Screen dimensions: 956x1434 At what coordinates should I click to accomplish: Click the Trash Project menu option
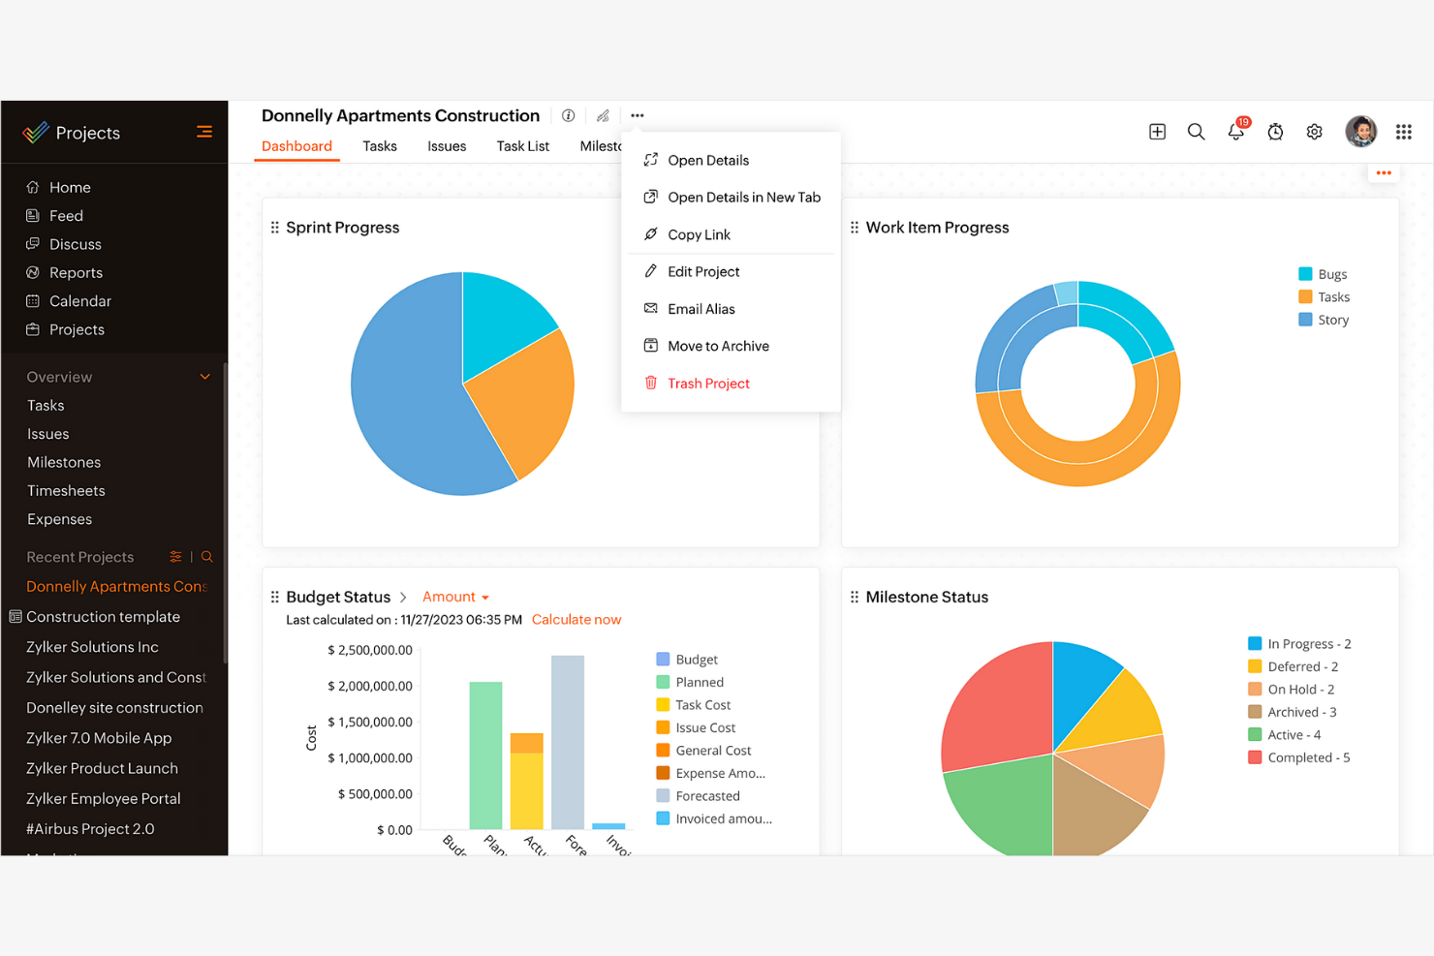707,384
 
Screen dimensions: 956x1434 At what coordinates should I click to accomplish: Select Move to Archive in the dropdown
717,346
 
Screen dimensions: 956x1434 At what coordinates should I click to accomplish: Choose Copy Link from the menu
698,234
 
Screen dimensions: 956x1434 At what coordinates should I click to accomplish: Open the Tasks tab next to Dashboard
379,146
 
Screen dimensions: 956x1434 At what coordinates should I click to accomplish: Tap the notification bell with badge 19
1235,132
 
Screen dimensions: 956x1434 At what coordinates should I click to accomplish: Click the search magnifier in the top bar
1196,132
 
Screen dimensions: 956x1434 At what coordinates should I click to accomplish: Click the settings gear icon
1314,132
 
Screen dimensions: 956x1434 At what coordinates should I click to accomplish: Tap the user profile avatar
1360,131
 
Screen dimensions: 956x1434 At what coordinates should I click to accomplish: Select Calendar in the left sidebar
79,301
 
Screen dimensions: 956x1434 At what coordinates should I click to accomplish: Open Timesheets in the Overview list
66,491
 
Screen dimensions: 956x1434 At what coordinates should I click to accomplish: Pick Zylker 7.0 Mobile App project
99,738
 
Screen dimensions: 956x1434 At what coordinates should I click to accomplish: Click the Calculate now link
576,620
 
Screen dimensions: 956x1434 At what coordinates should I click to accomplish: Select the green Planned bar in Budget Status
485,756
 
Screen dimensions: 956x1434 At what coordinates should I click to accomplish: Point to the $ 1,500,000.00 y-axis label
369,722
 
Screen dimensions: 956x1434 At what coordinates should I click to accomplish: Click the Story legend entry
1332,320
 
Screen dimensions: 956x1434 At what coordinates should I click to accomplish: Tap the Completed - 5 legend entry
1307,757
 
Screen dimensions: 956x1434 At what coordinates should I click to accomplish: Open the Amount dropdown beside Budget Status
455,597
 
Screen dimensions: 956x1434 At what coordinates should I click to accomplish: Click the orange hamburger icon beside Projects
203,132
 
